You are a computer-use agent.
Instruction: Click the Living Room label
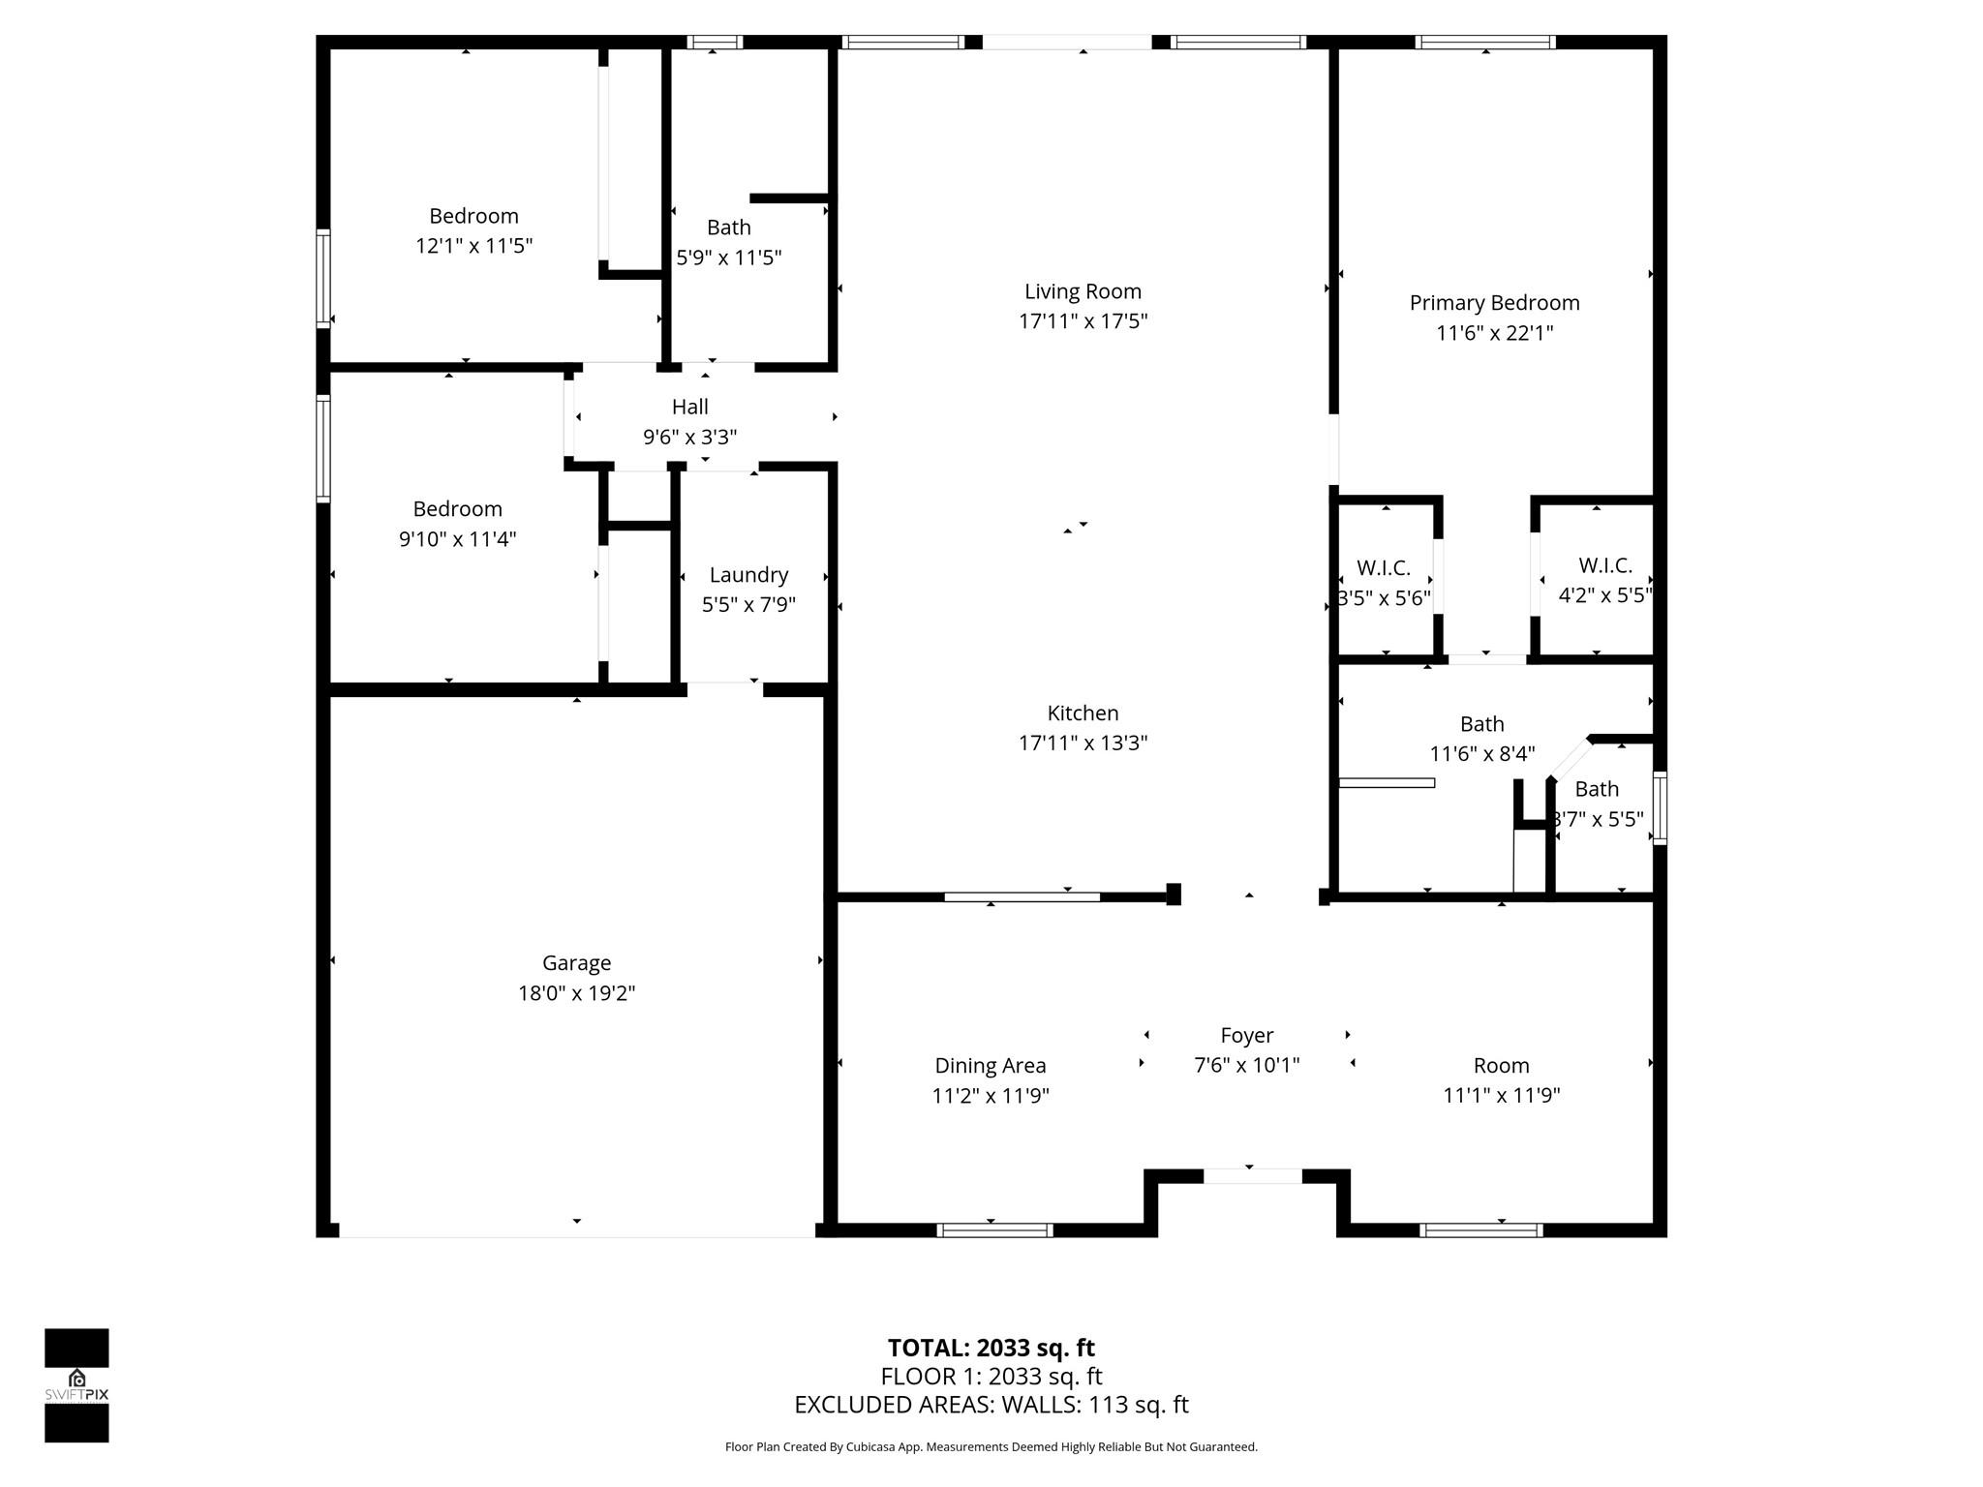pyautogui.click(x=1083, y=291)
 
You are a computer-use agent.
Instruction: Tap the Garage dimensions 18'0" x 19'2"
pyautogui.click(x=576, y=993)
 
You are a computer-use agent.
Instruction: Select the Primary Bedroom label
pyautogui.click(x=1494, y=303)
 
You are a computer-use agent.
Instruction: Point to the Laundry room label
pyautogui.click(x=748, y=575)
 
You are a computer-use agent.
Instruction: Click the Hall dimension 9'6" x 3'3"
pyautogui.click(x=689, y=438)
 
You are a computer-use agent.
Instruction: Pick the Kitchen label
pyautogui.click(x=1083, y=713)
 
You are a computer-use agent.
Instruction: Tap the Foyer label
pyautogui.click(x=1246, y=1036)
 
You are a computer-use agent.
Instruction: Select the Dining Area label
pyautogui.click(x=990, y=1066)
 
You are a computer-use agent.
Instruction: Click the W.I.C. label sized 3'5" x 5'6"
pyautogui.click(x=1383, y=568)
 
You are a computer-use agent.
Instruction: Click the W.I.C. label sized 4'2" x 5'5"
pyautogui.click(x=1604, y=565)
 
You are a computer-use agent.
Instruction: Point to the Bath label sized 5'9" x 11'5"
pyautogui.click(x=728, y=228)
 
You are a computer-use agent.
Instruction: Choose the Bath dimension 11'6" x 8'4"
pyautogui.click(x=1481, y=754)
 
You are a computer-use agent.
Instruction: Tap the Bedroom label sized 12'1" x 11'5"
pyautogui.click(x=473, y=216)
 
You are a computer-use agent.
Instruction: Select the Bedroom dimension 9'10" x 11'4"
pyautogui.click(x=457, y=539)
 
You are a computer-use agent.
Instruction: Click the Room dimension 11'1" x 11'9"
pyautogui.click(x=1501, y=1096)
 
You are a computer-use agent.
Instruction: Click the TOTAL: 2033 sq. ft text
pyautogui.click(x=991, y=1348)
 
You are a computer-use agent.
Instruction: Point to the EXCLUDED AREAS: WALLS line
pyautogui.click(x=991, y=1405)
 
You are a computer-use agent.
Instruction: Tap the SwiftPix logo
pyautogui.click(x=76, y=1384)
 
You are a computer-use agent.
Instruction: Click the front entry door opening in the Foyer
pyautogui.click(x=1252, y=1176)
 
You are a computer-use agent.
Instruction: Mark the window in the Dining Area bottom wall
pyautogui.click(x=994, y=1230)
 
